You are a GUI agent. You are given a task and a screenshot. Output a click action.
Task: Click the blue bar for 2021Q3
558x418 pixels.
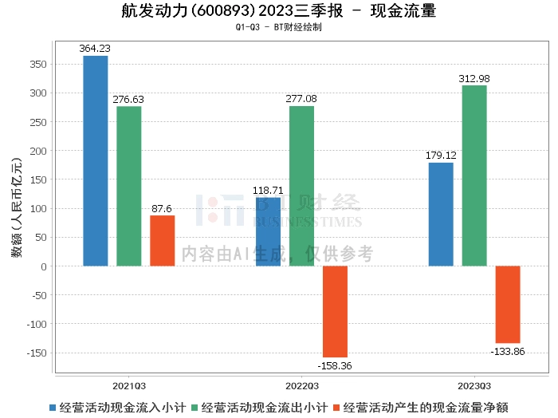(x=96, y=161)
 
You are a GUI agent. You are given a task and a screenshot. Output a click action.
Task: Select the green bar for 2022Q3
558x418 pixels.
(x=301, y=186)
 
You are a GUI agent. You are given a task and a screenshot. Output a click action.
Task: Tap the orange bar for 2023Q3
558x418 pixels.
(x=508, y=305)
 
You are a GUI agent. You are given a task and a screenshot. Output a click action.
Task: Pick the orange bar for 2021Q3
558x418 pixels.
(x=163, y=241)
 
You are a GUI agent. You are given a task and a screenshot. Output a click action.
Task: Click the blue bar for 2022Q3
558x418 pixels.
(x=269, y=232)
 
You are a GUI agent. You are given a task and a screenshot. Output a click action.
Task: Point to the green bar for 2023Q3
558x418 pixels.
(x=474, y=175)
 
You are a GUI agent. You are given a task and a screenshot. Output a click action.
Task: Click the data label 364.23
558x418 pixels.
(x=95, y=49)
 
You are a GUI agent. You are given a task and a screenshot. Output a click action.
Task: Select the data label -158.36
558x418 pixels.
(x=335, y=365)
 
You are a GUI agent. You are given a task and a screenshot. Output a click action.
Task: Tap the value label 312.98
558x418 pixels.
(x=474, y=79)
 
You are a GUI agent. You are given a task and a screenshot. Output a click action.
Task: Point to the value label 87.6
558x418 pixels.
(x=162, y=209)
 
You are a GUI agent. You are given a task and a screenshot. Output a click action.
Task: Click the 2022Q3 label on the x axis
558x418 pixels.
(x=302, y=386)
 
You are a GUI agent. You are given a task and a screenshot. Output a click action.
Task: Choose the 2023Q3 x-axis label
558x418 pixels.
(x=474, y=386)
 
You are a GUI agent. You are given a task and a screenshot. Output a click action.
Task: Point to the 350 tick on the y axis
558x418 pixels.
(x=38, y=65)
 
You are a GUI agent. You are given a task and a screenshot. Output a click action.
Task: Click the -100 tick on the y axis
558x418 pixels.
(x=37, y=325)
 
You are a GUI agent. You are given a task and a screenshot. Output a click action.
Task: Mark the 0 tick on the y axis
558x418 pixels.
(x=44, y=266)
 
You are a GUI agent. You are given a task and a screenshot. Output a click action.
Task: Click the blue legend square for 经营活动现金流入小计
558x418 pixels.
(x=53, y=408)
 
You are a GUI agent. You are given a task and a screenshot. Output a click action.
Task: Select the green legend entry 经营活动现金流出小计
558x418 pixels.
(x=259, y=408)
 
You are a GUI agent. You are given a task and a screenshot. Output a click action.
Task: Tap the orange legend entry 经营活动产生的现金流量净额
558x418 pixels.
(x=421, y=408)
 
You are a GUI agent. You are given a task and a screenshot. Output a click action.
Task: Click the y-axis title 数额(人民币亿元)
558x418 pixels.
(x=17, y=207)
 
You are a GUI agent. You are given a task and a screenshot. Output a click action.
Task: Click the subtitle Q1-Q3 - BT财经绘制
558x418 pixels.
(x=279, y=27)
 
